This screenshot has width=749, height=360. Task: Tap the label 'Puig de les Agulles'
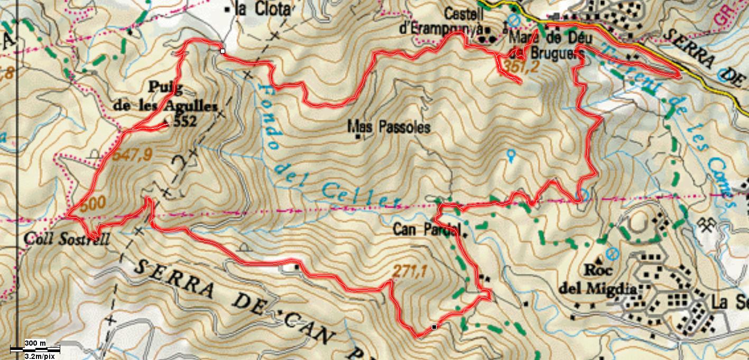coord(165,96)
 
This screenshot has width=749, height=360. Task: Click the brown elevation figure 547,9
coord(133,155)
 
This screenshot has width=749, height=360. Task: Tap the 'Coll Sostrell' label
coord(67,239)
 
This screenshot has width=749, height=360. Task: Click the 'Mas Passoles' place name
coord(389,127)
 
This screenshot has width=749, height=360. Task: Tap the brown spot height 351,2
coord(520,67)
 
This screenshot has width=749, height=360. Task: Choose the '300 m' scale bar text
coord(35,344)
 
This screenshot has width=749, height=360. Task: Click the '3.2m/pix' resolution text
coord(40,356)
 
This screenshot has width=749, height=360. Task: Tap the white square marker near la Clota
coord(223,51)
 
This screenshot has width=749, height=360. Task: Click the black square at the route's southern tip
coord(434,327)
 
